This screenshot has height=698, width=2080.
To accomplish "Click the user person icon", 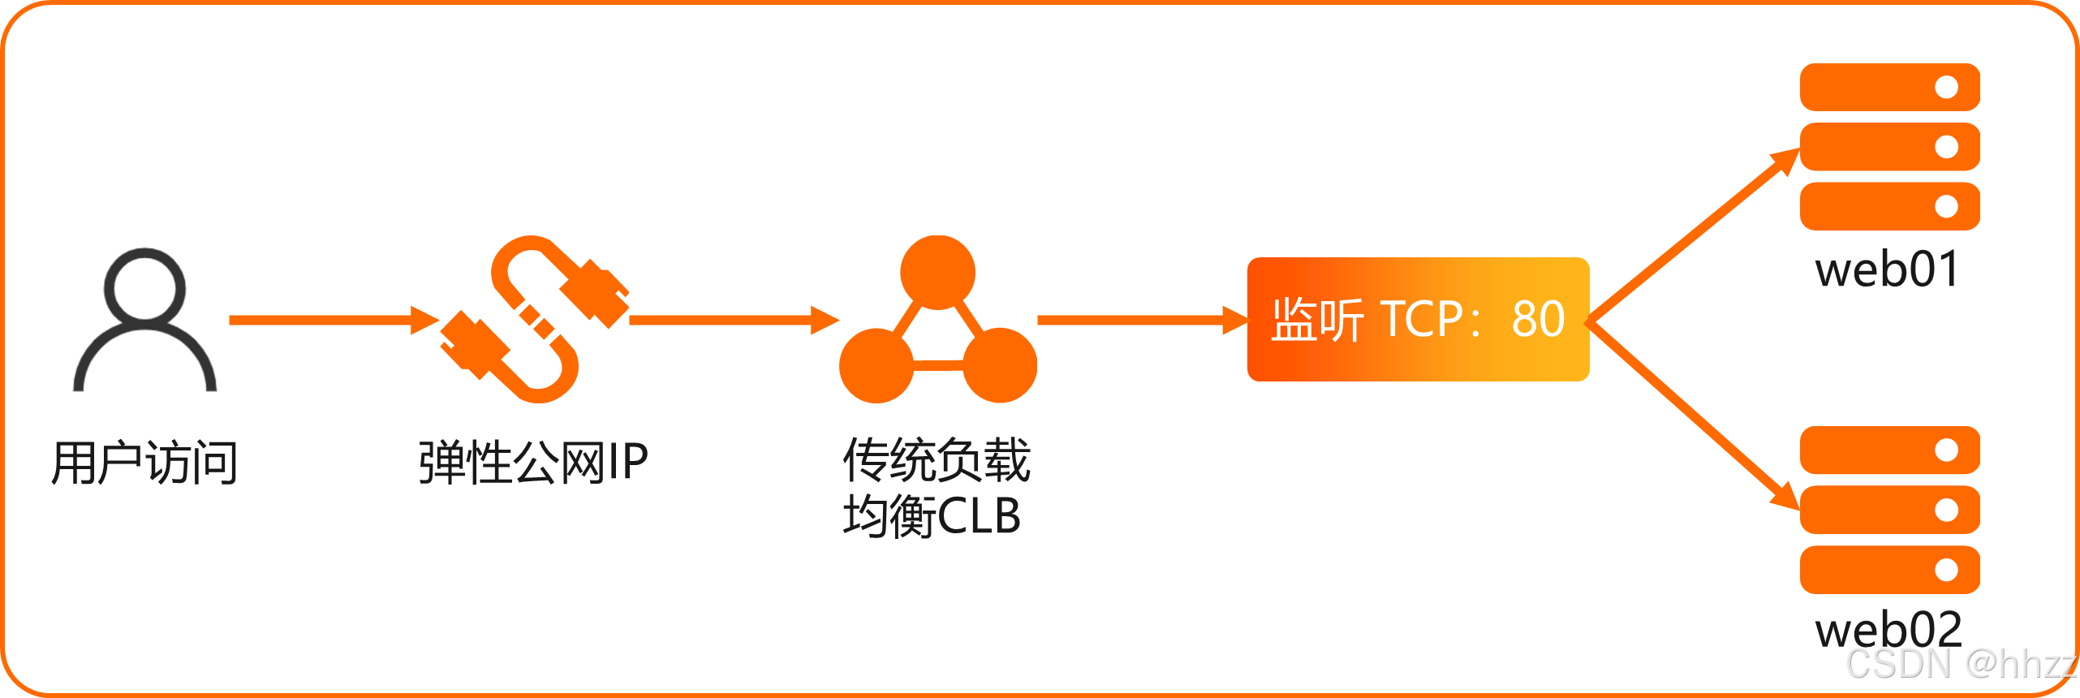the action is coord(145,321).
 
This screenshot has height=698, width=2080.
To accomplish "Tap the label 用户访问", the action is coord(144,463).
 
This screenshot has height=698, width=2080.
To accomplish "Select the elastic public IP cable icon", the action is coord(535,319).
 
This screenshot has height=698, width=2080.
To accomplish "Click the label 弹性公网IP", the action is coord(533,463).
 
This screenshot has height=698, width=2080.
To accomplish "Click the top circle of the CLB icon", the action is coord(937,272).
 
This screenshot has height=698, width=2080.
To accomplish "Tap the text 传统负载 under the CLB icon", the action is coord(937,460).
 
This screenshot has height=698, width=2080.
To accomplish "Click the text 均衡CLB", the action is coord(932,516).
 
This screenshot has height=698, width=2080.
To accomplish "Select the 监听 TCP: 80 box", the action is coord(1418,319).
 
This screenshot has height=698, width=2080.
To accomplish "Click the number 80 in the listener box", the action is coord(1538,319).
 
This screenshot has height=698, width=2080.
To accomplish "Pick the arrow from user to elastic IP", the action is coord(333,320).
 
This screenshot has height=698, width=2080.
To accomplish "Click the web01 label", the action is coord(1888,269).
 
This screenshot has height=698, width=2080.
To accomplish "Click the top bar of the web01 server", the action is coord(1889,87).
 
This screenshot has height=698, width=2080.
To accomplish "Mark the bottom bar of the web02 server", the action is coord(1889,570).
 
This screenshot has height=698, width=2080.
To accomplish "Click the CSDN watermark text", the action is coord(1960,665).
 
